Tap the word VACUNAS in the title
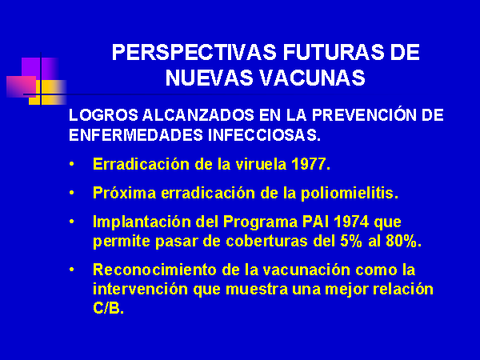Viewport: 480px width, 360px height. pyautogui.click(x=312, y=78)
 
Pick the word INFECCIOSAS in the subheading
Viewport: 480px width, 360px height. pyautogui.click(x=264, y=135)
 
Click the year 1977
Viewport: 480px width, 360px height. pyautogui.click(x=310, y=164)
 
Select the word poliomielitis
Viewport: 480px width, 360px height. pyautogui.click(x=350, y=194)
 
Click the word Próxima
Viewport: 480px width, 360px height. pyautogui.click(x=124, y=193)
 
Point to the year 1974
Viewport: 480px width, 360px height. pyautogui.click(x=351, y=222)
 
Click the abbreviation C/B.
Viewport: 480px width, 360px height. pyautogui.click(x=108, y=308)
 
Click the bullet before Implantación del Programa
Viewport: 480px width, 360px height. pyautogui.click(x=72, y=222)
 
